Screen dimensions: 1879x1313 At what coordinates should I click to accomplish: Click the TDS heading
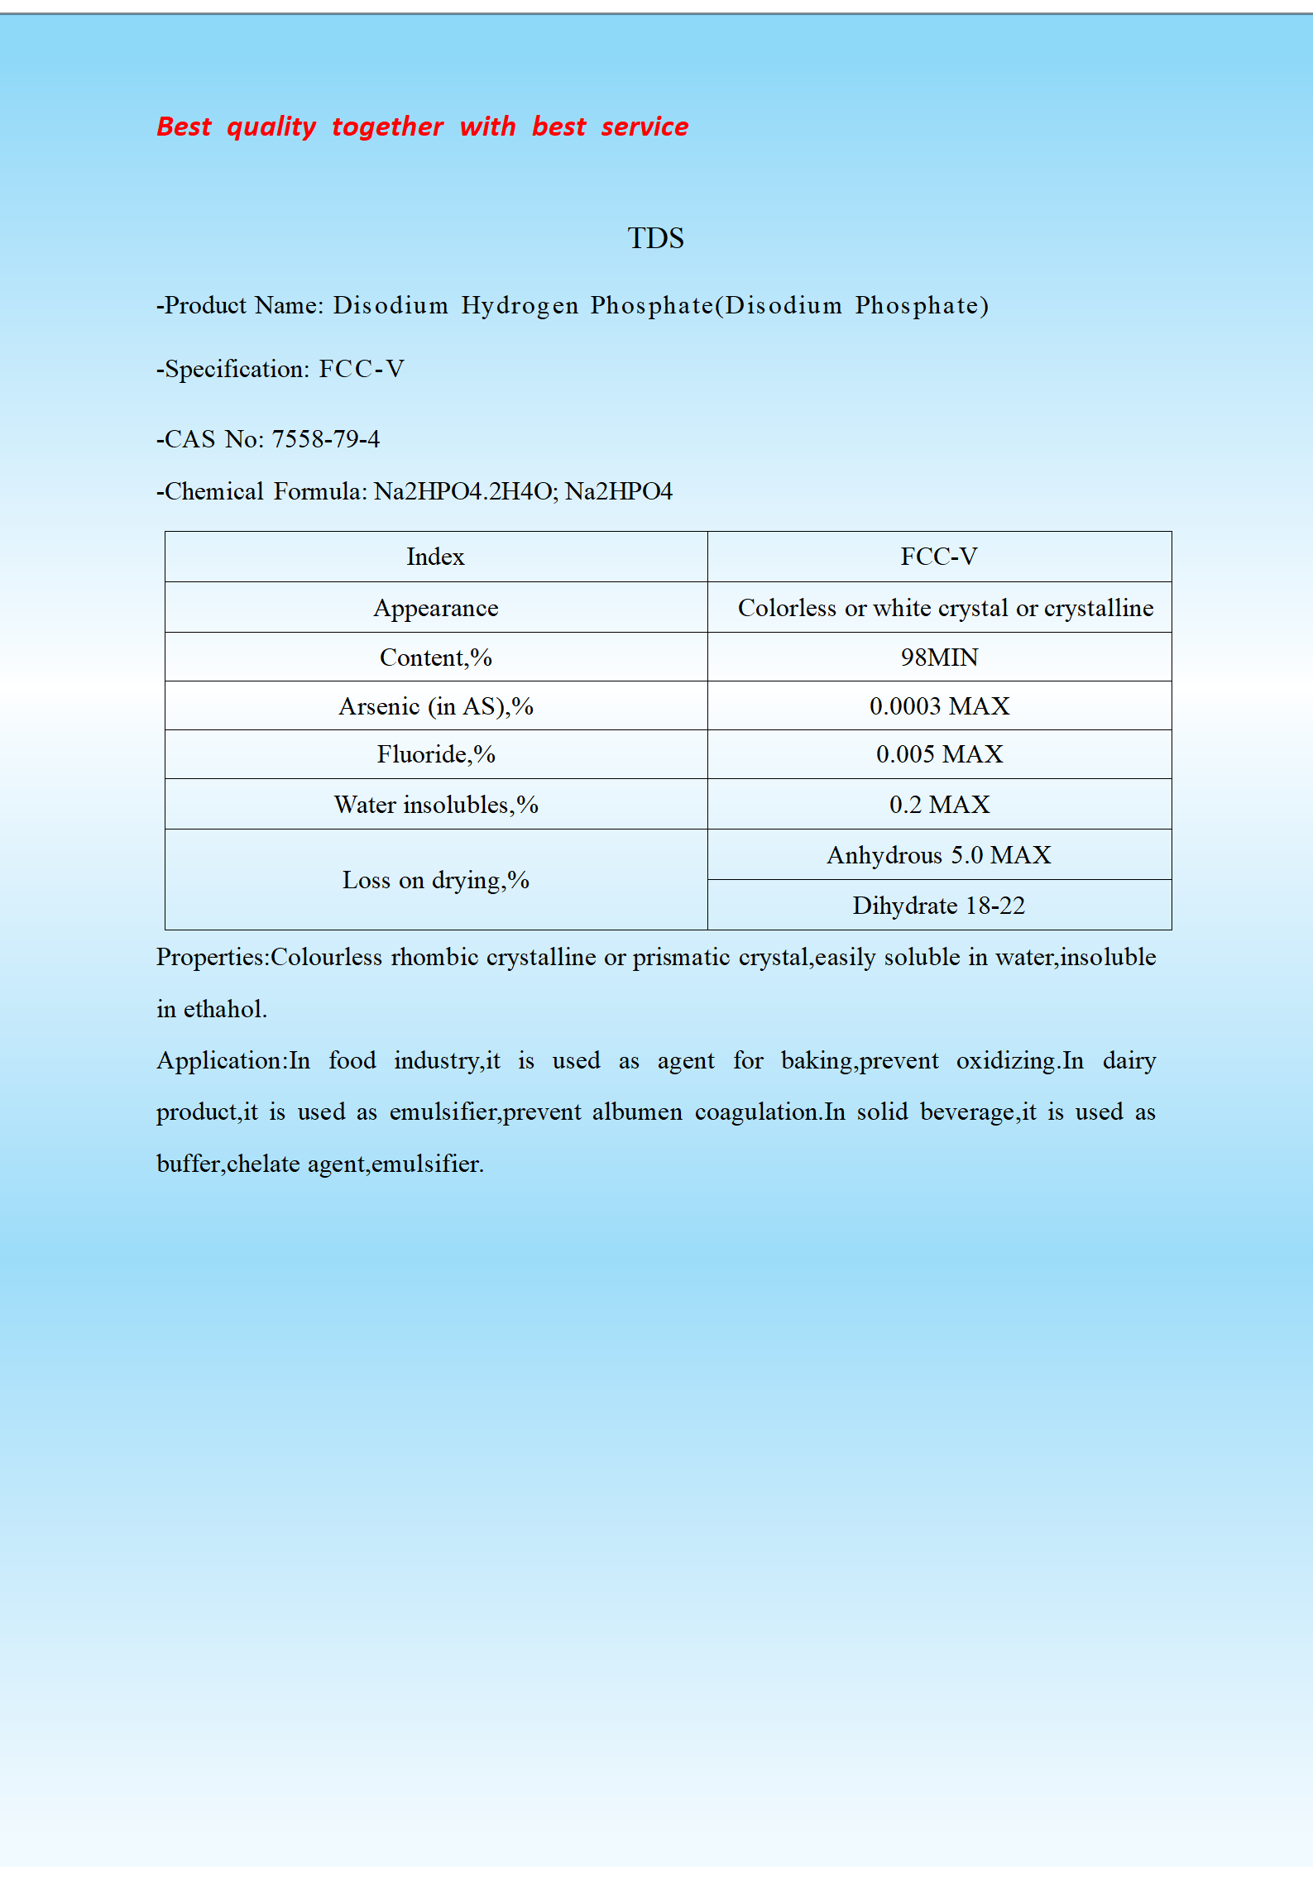click(x=655, y=238)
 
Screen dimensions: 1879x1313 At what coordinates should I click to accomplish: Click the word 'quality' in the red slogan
click(x=271, y=127)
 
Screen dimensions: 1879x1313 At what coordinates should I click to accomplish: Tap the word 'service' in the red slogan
click(x=645, y=127)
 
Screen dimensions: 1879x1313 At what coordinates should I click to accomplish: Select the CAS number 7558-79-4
click(x=326, y=439)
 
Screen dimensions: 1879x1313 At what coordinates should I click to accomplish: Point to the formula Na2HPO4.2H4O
click(x=466, y=491)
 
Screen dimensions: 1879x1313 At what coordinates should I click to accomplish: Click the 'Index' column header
click(x=436, y=557)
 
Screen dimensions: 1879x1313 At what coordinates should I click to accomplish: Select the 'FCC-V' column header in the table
click(x=939, y=557)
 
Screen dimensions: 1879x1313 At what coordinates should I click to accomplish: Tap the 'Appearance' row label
click(x=436, y=608)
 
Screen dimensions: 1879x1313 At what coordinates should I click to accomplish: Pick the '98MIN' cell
click(x=939, y=657)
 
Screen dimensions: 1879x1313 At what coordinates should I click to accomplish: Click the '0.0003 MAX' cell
click(x=939, y=706)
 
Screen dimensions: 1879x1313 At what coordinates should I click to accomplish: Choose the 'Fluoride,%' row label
click(x=436, y=754)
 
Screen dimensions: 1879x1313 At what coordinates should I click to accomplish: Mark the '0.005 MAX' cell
click(x=939, y=754)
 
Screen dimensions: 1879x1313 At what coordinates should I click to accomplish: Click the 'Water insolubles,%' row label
click(x=436, y=805)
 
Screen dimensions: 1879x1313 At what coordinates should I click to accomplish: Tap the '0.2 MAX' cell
click(x=939, y=805)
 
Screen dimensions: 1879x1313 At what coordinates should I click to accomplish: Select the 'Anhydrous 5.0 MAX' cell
click(x=939, y=855)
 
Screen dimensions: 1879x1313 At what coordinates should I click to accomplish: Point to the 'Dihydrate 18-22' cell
click(x=939, y=906)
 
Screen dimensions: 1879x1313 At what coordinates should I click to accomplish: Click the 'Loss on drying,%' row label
click(x=436, y=880)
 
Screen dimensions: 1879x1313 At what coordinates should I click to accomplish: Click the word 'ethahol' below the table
click(x=223, y=1009)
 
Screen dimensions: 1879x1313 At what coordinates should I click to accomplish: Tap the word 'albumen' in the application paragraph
click(x=637, y=1112)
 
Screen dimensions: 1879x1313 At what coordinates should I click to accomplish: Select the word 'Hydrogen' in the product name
click(x=520, y=306)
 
